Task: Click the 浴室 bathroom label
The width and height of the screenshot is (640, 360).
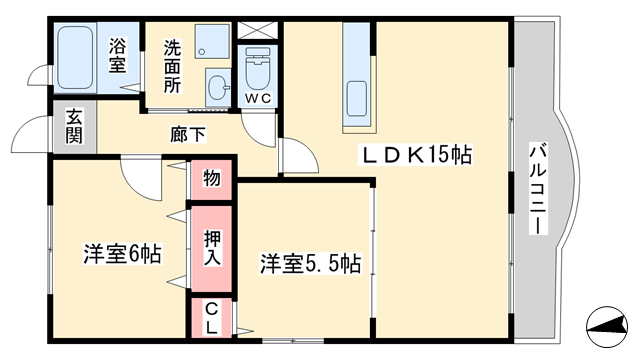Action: (x=117, y=55)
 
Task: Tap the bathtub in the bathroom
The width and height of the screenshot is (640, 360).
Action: (x=75, y=58)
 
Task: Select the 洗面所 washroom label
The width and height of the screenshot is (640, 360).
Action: (x=172, y=66)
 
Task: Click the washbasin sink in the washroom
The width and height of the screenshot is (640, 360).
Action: (x=218, y=87)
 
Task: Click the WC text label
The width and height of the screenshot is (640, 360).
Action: (x=258, y=98)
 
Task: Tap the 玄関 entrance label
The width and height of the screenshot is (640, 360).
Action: (x=74, y=127)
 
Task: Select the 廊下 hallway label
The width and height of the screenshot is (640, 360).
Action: (x=188, y=134)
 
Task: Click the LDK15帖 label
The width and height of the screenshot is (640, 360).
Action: (x=415, y=155)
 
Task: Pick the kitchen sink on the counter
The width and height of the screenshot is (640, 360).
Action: (x=357, y=99)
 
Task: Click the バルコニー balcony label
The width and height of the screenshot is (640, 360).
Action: (x=538, y=188)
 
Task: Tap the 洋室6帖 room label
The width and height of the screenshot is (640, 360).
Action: (x=122, y=254)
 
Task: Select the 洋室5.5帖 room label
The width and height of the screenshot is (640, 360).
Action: (x=311, y=264)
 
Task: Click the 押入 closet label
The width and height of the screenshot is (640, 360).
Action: (x=212, y=248)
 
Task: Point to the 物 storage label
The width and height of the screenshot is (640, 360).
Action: (x=212, y=178)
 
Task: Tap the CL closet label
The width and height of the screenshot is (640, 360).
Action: (x=211, y=319)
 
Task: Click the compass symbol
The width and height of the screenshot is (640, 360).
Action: (x=607, y=327)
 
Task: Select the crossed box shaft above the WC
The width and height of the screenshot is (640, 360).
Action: (x=258, y=30)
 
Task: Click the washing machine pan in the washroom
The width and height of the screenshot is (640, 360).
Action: (x=212, y=41)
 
